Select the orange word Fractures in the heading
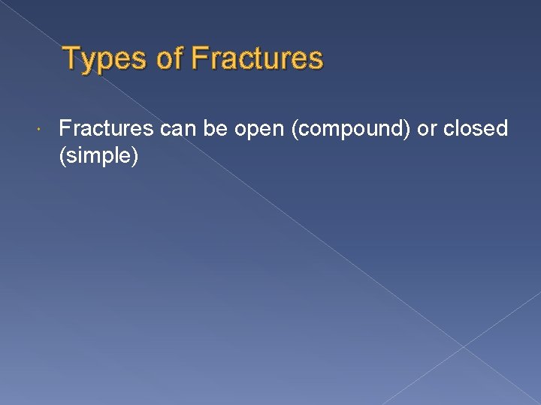pos(258,58)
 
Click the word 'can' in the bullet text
pos(177,129)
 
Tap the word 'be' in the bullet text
pos(215,129)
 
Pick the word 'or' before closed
pos(427,129)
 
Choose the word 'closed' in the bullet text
pos(476,129)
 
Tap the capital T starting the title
pos(70,58)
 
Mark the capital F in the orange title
pos(199,58)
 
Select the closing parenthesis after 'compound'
pos(408,130)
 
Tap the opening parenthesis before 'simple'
pos(62,157)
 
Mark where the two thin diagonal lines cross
pos(463,346)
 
